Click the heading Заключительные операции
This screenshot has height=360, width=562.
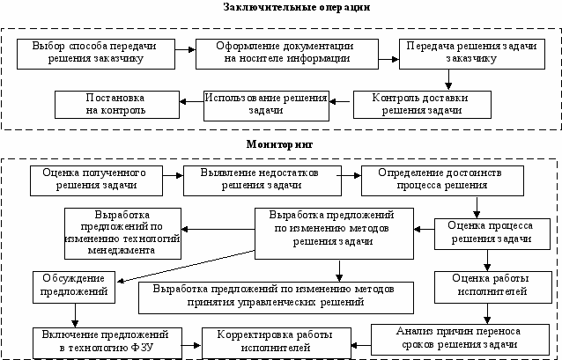click(x=296, y=7)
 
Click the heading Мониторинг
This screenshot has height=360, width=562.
click(x=279, y=144)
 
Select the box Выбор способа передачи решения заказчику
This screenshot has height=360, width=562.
click(x=96, y=54)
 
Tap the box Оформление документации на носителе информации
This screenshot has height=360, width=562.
click(x=287, y=54)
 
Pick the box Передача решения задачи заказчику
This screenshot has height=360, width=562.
click(x=472, y=54)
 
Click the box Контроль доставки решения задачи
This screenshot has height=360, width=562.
click(x=422, y=105)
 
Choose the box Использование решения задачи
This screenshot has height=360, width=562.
click(x=266, y=106)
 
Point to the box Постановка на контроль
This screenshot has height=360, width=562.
click(x=117, y=105)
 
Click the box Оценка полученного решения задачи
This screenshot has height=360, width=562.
click(x=96, y=181)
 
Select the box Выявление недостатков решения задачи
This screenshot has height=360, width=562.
click(x=263, y=181)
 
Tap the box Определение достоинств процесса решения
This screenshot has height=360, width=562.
click(x=442, y=181)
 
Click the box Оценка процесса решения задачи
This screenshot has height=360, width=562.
click(x=492, y=234)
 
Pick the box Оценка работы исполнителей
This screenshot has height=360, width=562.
click(x=492, y=287)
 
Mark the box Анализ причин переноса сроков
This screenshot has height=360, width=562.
click(x=460, y=340)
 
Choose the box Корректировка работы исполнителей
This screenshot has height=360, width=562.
click(x=277, y=343)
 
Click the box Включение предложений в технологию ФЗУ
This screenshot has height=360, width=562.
click(x=107, y=343)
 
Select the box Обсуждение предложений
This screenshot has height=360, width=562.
click(x=74, y=287)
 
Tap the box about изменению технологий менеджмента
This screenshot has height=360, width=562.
click(x=122, y=233)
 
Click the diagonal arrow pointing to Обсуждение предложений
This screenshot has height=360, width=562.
click(x=186, y=266)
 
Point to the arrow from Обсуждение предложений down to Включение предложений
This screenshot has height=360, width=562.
click(x=75, y=315)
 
